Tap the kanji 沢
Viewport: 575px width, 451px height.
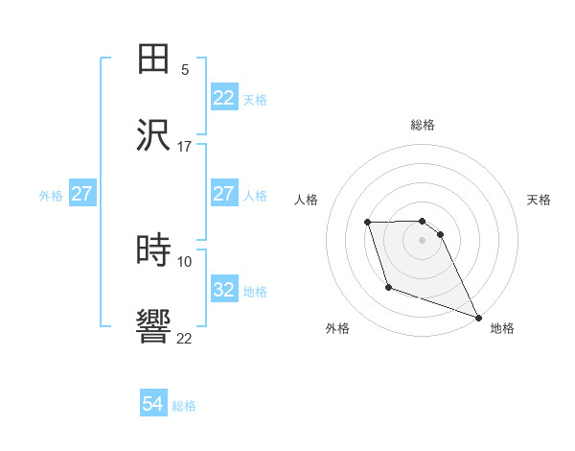coord(154,133)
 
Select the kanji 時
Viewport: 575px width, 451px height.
coord(154,249)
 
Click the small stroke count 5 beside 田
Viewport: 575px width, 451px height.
coord(185,71)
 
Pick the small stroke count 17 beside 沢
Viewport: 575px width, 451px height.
coord(185,146)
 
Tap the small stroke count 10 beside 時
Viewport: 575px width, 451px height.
coord(185,261)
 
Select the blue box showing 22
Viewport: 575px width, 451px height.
coord(224,98)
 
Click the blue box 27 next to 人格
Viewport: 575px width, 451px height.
coord(224,194)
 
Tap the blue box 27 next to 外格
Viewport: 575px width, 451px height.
coord(82,194)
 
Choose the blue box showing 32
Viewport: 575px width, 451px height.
coord(224,290)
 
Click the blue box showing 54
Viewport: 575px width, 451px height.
coord(153,404)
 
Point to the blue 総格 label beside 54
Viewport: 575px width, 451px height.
coord(184,406)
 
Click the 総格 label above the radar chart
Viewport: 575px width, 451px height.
coord(423,125)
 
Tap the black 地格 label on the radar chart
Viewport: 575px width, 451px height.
coord(502,328)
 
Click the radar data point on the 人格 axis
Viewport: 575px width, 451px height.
coord(367,224)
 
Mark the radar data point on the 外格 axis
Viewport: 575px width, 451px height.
coord(388,287)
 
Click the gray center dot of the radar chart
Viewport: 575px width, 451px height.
coord(422,240)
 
